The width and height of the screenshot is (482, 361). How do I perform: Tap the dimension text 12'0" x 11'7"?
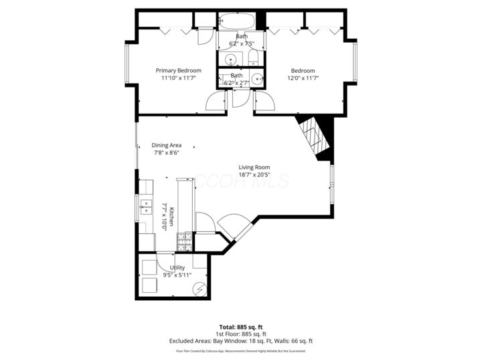303,78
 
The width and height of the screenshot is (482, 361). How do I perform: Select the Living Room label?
254,168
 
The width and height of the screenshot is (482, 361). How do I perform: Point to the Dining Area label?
167,145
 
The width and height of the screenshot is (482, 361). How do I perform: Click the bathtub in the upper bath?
237,21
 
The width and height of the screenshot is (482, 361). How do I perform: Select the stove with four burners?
184,238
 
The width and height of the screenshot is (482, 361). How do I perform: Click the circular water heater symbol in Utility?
199,288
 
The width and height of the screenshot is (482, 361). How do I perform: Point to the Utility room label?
177,267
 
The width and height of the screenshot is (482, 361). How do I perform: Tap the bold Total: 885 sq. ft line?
241,326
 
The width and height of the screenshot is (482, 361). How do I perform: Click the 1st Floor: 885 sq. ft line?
241,334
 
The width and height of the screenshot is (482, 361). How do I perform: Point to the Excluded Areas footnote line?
241,341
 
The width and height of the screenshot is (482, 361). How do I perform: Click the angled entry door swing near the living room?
231,225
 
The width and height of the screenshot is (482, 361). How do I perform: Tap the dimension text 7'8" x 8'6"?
167,152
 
